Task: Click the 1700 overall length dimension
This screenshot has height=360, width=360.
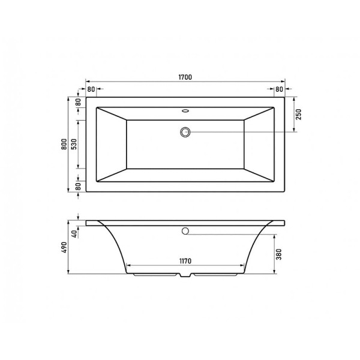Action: [x=185, y=77]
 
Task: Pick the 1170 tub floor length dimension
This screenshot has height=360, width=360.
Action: [x=185, y=261]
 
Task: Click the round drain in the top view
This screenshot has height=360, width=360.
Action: [x=185, y=131]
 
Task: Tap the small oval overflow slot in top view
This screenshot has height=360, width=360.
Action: [x=185, y=111]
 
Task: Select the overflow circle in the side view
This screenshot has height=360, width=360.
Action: [x=185, y=231]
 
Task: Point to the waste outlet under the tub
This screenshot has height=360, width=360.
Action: [x=185, y=277]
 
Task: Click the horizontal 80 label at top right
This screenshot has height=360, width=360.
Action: [x=278, y=89]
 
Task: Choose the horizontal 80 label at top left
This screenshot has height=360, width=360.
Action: [x=91, y=89]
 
